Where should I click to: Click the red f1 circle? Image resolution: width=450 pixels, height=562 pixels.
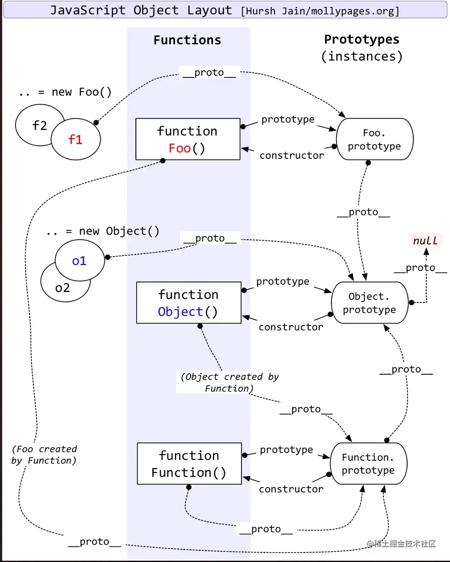point(76,139)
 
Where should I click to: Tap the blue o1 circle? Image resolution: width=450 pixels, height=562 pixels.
point(80,261)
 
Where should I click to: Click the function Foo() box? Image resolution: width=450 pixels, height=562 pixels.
point(188,139)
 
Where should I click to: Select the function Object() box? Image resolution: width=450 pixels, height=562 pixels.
point(189,303)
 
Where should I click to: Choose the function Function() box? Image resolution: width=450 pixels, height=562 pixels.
point(189,464)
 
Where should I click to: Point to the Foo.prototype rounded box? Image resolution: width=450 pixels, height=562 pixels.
point(375,139)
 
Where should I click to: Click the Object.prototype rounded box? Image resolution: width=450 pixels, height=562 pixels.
point(370,303)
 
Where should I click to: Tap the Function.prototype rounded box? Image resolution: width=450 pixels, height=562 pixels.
point(368,464)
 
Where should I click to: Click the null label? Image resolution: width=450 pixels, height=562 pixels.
point(425,241)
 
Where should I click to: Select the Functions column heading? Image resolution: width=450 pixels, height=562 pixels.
point(187,40)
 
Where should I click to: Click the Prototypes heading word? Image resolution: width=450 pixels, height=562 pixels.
point(362,39)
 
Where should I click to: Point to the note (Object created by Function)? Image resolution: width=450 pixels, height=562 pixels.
point(229,382)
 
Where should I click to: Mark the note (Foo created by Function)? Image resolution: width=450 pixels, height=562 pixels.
point(44,455)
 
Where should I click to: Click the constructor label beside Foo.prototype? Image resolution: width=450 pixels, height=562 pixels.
point(292,155)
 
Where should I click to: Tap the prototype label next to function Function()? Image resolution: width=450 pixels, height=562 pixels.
point(286,450)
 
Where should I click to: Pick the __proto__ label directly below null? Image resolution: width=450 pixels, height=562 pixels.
point(420,268)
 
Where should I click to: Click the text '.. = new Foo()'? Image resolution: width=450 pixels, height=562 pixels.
point(65,92)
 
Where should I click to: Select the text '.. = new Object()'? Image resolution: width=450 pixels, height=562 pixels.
point(103,231)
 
